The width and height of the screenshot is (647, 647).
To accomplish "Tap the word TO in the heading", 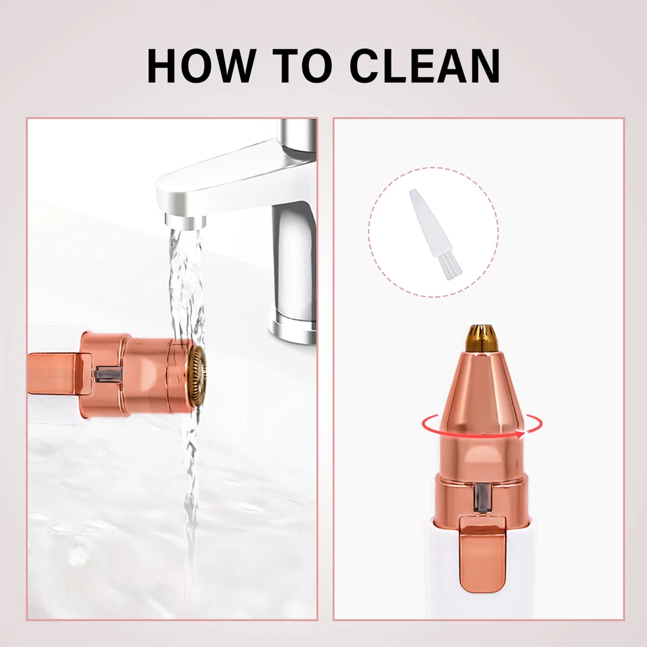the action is (302, 66).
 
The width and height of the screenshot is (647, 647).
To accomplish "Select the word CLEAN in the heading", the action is (425, 66).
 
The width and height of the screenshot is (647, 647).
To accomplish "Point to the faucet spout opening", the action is (184, 221).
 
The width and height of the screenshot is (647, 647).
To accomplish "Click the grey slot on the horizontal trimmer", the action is (108, 374).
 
